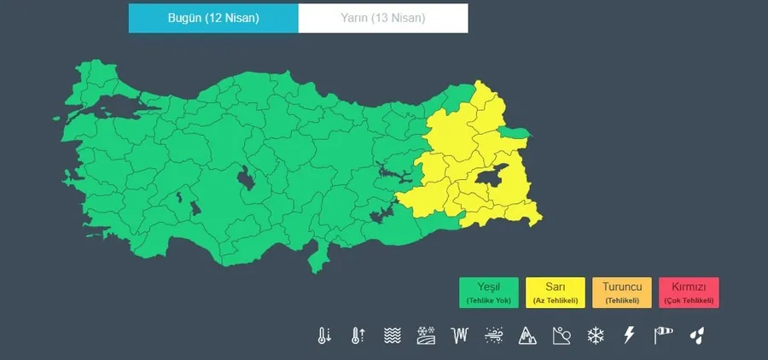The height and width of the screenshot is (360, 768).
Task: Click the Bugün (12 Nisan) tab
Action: pyautogui.click(x=213, y=18)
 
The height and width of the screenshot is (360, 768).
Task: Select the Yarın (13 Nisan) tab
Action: pyautogui.click(x=383, y=18)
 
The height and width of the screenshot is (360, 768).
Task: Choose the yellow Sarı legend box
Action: pyautogui.click(x=556, y=292)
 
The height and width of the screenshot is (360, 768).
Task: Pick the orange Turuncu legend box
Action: pyautogui.click(x=622, y=292)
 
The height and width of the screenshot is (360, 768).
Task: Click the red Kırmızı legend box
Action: pyautogui.click(x=689, y=292)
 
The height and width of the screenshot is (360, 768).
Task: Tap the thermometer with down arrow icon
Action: pyautogui.click(x=324, y=335)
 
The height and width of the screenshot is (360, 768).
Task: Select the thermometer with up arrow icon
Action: pyautogui.click(x=358, y=335)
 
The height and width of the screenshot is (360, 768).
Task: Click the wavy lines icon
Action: pyautogui.click(x=392, y=335)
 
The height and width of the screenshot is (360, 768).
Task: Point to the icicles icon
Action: pyautogui.click(x=460, y=335)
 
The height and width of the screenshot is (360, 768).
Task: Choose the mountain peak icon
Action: pyautogui.click(x=528, y=335)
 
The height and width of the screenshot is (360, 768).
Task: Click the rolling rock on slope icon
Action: pyautogui.click(x=561, y=335)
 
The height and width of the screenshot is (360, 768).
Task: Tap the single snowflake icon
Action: pyautogui.click(x=596, y=335)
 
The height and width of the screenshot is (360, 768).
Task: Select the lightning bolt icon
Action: pyautogui.click(x=630, y=335)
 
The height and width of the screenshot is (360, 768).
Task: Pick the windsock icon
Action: pyautogui.click(x=664, y=335)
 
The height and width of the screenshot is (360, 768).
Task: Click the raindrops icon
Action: pyautogui.click(x=698, y=335)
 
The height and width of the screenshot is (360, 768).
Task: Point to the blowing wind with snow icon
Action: pyautogui.click(x=494, y=335)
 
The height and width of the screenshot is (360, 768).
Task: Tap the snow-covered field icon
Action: pyautogui.click(x=426, y=335)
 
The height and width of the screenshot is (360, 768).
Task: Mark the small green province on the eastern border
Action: pyautogui.click(x=515, y=131)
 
